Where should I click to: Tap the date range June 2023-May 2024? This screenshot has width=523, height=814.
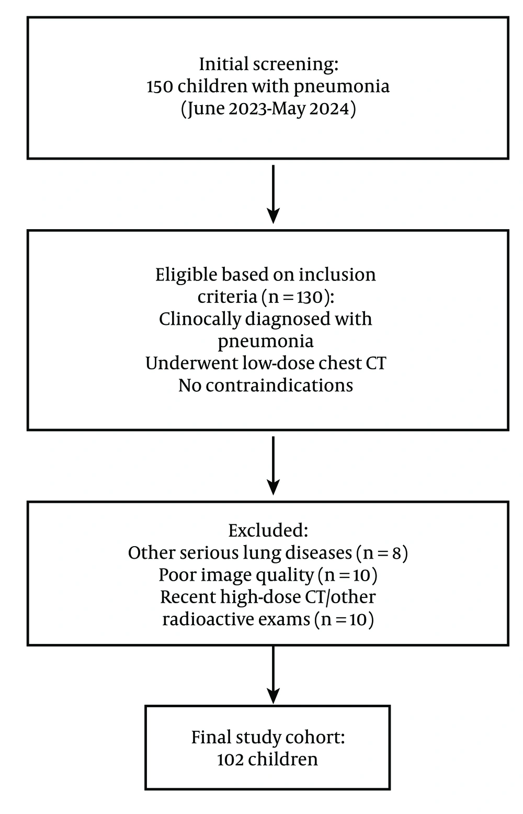pos(268,109)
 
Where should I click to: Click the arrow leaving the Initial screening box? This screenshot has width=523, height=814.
pos(273,195)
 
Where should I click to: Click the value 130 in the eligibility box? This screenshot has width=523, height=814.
pos(310,298)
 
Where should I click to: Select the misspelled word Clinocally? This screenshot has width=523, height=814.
pos(200,320)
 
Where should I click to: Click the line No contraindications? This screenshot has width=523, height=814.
pos(266,386)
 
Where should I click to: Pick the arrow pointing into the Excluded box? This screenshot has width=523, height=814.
pos(273,466)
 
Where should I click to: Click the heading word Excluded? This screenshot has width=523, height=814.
pos(268,531)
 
